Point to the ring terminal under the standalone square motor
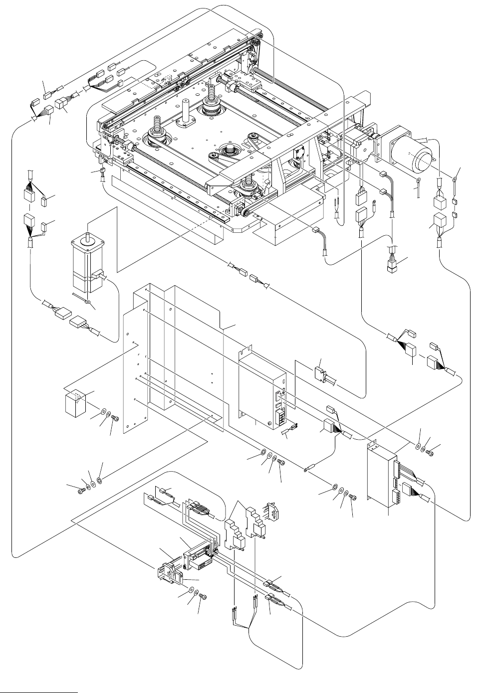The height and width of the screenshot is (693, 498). coord(87,302)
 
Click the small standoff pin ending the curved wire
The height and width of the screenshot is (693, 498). coord(308,470)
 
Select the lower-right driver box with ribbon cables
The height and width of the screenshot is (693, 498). coord(382,476)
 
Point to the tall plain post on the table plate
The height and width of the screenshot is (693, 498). coord(188,113)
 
